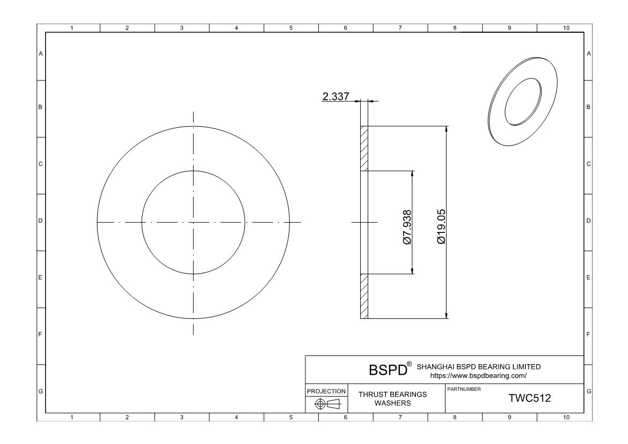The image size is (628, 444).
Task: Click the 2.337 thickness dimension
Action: click(335, 97)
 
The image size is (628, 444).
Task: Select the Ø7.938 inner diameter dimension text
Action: click(407, 227)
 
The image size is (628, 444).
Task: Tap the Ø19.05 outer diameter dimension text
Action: click(441, 227)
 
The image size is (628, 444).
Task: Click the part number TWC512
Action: click(529, 398)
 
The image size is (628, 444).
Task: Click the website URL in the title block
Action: click(478, 376)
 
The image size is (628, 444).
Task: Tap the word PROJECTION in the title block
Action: click(326, 391)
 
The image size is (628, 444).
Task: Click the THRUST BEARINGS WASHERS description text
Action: click(392, 399)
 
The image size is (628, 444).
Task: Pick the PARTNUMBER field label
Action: click(464, 389)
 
